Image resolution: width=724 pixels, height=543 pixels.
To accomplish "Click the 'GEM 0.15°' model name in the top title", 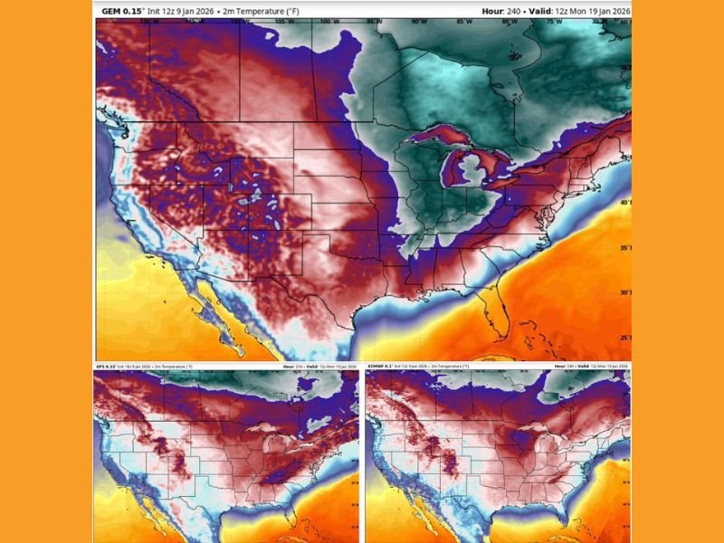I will pyautogui.click(x=121, y=10).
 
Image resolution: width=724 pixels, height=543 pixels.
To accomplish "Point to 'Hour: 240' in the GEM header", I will pyautogui.click(x=519, y=10).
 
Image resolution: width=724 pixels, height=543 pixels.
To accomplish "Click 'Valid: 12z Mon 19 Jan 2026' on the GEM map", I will pyautogui.click(x=589, y=10).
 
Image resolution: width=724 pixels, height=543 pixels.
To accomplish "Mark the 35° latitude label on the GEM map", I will pyautogui.click(x=624, y=247).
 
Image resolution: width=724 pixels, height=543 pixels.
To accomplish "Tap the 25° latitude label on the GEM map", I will pyautogui.click(x=624, y=337).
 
